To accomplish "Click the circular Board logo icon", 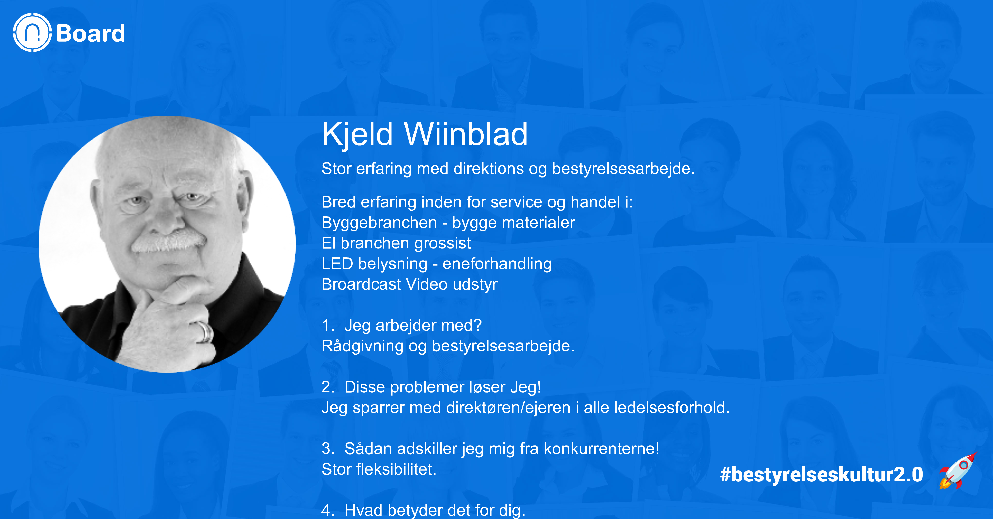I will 32,33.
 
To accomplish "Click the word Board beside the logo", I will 90,33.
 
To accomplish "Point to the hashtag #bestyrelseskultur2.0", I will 821,475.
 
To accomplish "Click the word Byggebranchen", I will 379,223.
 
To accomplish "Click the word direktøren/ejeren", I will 508,408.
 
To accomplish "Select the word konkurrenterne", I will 601,449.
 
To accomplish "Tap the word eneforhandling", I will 497,264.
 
